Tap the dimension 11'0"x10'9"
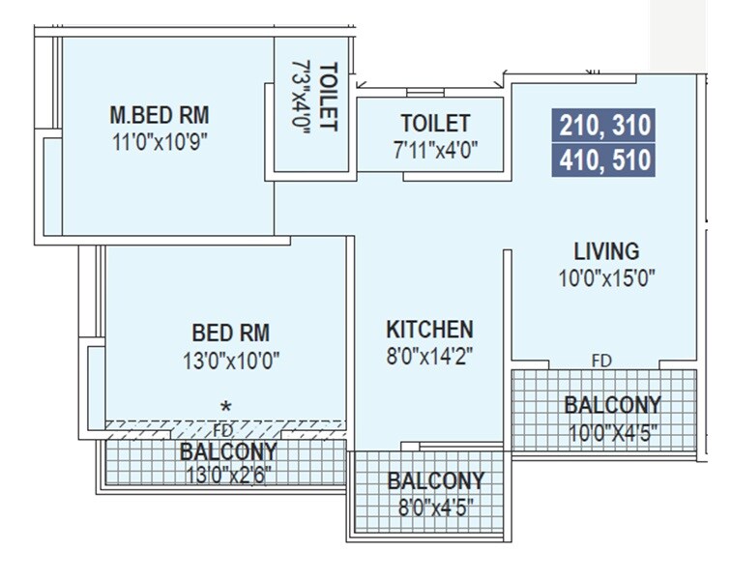point(159,140)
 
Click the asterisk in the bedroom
point(226,406)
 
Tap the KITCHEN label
point(429,329)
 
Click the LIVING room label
point(606,251)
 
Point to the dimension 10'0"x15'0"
point(606,278)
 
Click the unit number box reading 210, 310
point(604,126)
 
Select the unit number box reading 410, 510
point(604,159)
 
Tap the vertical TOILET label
point(329,97)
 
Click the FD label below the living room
point(601,361)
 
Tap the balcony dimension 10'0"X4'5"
point(613,432)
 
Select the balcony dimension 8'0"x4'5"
point(435,507)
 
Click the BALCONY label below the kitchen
point(435,481)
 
